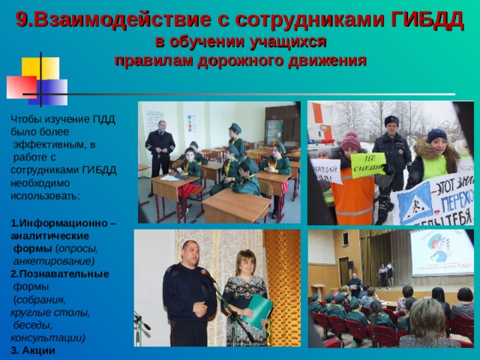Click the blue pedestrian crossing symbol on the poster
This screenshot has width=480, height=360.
tap(415, 201)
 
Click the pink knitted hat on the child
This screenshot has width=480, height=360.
tap(350, 140)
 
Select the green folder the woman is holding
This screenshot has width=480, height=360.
tap(257, 310)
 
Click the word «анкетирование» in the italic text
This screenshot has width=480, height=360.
tap(53, 261)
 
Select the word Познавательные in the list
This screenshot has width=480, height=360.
tap(59, 274)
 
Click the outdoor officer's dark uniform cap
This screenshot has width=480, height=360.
tap(391, 120)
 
